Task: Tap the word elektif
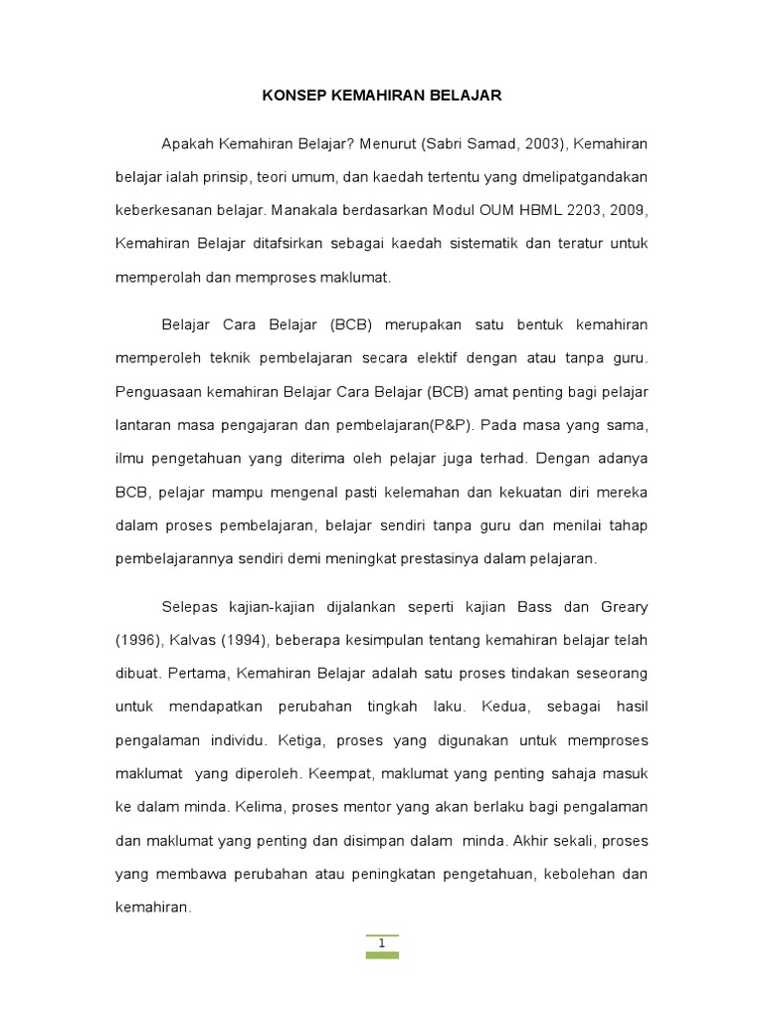(438, 357)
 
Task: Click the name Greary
(623, 606)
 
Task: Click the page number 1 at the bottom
(381, 943)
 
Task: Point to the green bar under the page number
(381, 955)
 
